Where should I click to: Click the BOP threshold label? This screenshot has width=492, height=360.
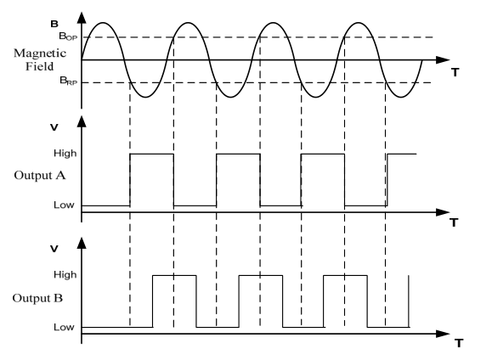coord(68,37)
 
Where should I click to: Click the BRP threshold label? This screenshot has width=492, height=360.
coord(68,81)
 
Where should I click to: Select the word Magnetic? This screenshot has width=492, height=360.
coord(40,53)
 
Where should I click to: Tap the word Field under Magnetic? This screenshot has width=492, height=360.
coord(40,66)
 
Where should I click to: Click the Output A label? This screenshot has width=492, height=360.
coord(40,175)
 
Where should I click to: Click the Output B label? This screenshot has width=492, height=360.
coord(37,298)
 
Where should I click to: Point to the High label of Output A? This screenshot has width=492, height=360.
coord(65,154)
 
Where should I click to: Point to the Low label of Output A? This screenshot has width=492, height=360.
coord(64,205)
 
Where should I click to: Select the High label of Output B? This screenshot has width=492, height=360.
coord(65,275)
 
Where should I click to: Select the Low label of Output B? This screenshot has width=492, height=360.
coord(64,327)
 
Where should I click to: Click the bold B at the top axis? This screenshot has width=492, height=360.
coord(54,24)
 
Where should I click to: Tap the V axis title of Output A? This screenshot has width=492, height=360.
coord(54,127)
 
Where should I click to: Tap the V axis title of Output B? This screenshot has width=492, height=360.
coord(54,249)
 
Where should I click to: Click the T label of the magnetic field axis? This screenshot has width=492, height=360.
coord(455,72)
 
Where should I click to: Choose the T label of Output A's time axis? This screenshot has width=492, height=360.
coord(454,222)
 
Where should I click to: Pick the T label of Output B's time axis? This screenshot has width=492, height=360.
coord(459,343)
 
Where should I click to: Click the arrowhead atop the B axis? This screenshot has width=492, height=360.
coord(82,18)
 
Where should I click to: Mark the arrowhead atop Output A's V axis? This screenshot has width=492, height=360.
coord(82,121)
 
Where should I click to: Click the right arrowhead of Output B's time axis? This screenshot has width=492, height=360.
coord(443,334)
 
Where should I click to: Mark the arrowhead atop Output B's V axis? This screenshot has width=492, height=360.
coord(82,243)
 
